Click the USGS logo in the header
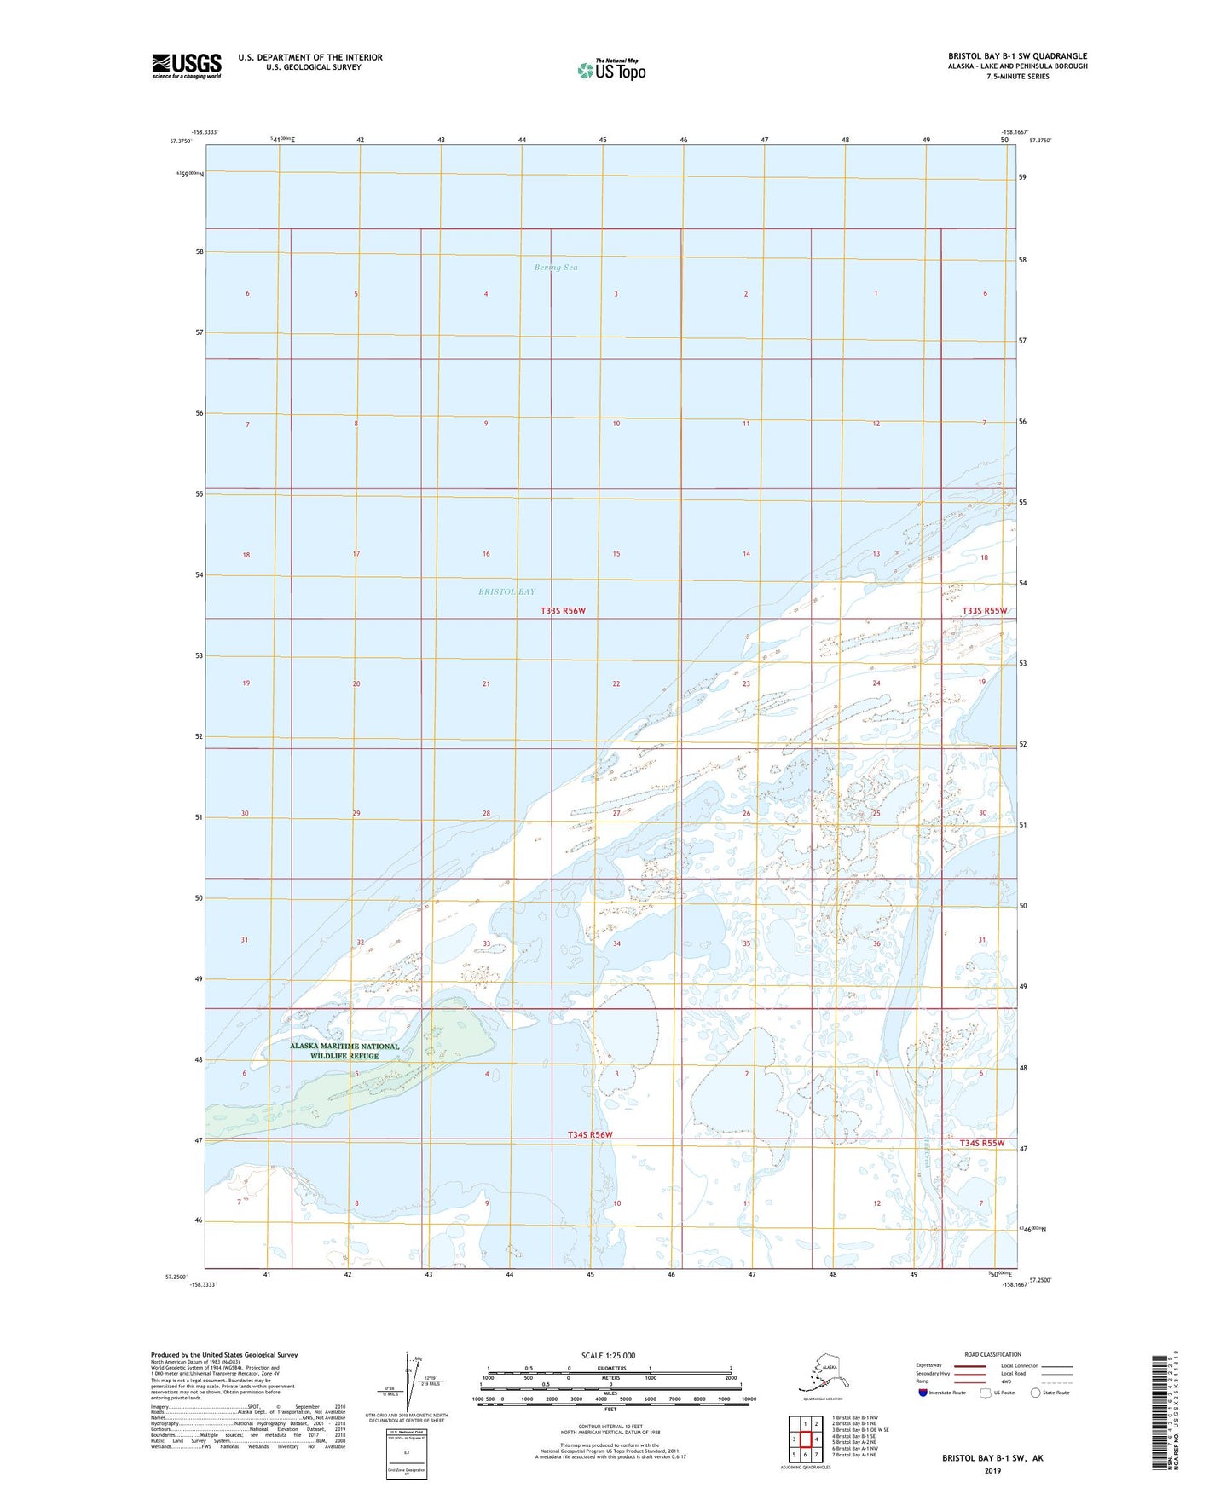click(x=186, y=65)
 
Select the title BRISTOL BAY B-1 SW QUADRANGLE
click(x=1017, y=56)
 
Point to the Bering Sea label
click(x=556, y=268)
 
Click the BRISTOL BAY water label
click(x=506, y=591)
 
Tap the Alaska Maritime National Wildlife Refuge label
click(x=344, y=1051)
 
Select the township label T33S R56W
click(x=564, y=611)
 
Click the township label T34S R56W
click(x=590, y=1134)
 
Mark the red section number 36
click(x=876, y=943)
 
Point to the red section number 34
click(x=616, y=943)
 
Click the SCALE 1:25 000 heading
click(x=609, y=1355)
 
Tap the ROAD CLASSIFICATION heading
click(x=992, y=1354)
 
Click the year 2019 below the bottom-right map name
click(x=992, y=1470)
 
